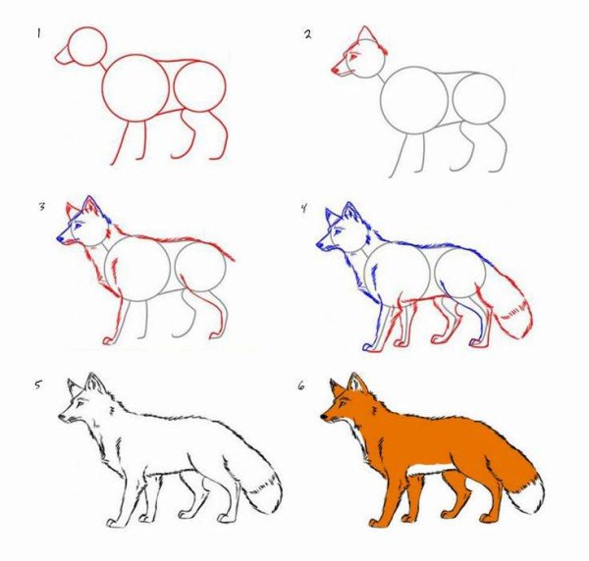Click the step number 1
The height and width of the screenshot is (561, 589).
pyautogui.click(x=38, y=33)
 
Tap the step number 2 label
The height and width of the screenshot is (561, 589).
pyautogui.click(x=308, y=34)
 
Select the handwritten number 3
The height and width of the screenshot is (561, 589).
pyautogui.click(x=41, y=206)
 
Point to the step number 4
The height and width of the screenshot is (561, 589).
pyautogui.click(x=303, y=208)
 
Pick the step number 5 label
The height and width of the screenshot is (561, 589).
pyautogui.click(x=37, y=384)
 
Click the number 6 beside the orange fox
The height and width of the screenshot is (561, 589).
pyautogui.click(x=301, y=385)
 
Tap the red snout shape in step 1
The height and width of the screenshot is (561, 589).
pyautogui.click(x=63, y=56)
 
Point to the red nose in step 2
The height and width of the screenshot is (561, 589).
pyautogui.click(x=335, y=70)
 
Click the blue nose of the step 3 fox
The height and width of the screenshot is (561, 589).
pyautogui.click(x=60, y=238)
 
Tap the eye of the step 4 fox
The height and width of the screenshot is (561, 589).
pyautogui.click(x=336, y=231)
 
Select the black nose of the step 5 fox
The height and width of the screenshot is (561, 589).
pyautogui.click(x=61, y=416)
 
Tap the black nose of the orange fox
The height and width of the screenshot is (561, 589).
pyautogui.click(x=323, y=416)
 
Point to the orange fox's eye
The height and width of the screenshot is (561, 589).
pyautogui.click(x=343, y=404)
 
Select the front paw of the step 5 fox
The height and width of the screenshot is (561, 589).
pyautogui.click(x=112, y=523)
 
